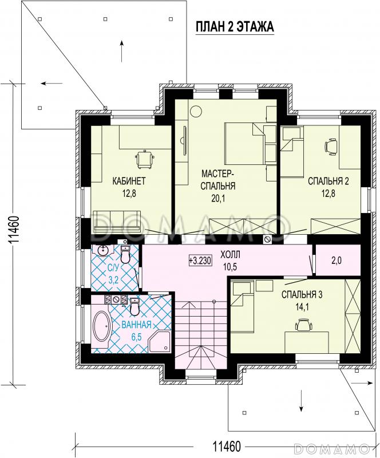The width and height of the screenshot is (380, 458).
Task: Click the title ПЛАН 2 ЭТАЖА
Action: coord(234,26)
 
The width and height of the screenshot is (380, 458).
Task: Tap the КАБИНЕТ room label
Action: coord(129,181)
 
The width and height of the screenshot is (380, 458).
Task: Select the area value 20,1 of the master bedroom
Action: coord(217,198)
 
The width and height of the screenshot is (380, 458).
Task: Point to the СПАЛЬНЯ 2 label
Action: coord(328,181)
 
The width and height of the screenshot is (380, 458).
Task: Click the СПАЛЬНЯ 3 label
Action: coord(302,294)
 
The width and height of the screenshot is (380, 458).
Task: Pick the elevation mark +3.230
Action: coord(200,260)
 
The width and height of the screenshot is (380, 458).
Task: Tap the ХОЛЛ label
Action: coord(231,255)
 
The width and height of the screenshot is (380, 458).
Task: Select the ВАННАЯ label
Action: coord(136,325)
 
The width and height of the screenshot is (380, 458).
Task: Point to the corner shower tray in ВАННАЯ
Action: coord(160,341)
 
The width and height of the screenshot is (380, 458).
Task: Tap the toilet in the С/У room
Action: coord(125,254)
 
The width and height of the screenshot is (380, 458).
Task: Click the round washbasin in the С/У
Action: coord(103,250)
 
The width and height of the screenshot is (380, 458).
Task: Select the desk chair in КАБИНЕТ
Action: coord(144,159)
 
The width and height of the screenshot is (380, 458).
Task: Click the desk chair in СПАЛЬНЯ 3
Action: coord(304,325)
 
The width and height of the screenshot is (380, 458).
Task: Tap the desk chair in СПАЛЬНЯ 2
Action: coord(331,146)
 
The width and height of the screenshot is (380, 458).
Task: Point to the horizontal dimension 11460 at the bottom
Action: coord(227,447)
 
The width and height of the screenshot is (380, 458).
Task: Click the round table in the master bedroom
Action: coord(195,111)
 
